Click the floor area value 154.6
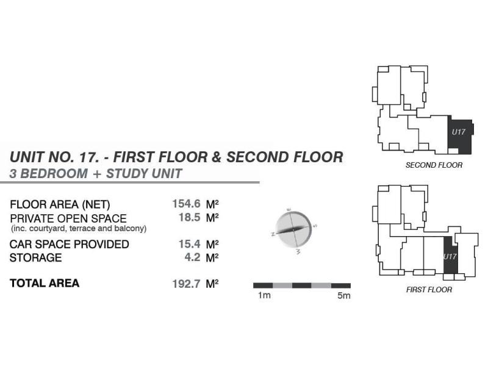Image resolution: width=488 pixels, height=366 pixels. (x=187, y=204)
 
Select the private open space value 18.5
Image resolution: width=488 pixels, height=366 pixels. (x=189, y=217)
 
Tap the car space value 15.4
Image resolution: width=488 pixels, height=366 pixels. (x=189, y=244)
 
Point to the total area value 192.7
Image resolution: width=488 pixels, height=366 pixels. (x=187, y=284)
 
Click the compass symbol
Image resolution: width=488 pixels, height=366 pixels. (x=292, y=230)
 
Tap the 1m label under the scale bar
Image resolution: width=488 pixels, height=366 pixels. (x=264, y=296)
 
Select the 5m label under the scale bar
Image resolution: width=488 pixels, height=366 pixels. (x=344, y=296)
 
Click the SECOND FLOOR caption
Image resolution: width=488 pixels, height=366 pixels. (x=434, y=165)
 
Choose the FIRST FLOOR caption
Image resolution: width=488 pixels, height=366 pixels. (x=429, y=290)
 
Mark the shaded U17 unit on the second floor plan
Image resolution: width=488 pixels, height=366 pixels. (x=459, y=135)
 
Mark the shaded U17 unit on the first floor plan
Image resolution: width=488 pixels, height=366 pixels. (x=450, y=253)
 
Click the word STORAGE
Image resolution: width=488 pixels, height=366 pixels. (x=36, y=258)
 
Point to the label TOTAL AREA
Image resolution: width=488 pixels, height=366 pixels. (x=45, y=284)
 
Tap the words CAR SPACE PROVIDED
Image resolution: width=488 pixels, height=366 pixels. (x=69, y=245)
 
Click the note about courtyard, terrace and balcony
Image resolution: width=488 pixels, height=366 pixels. (x=79, y=229)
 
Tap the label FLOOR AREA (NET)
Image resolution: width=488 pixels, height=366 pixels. (x=60, y=204)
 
